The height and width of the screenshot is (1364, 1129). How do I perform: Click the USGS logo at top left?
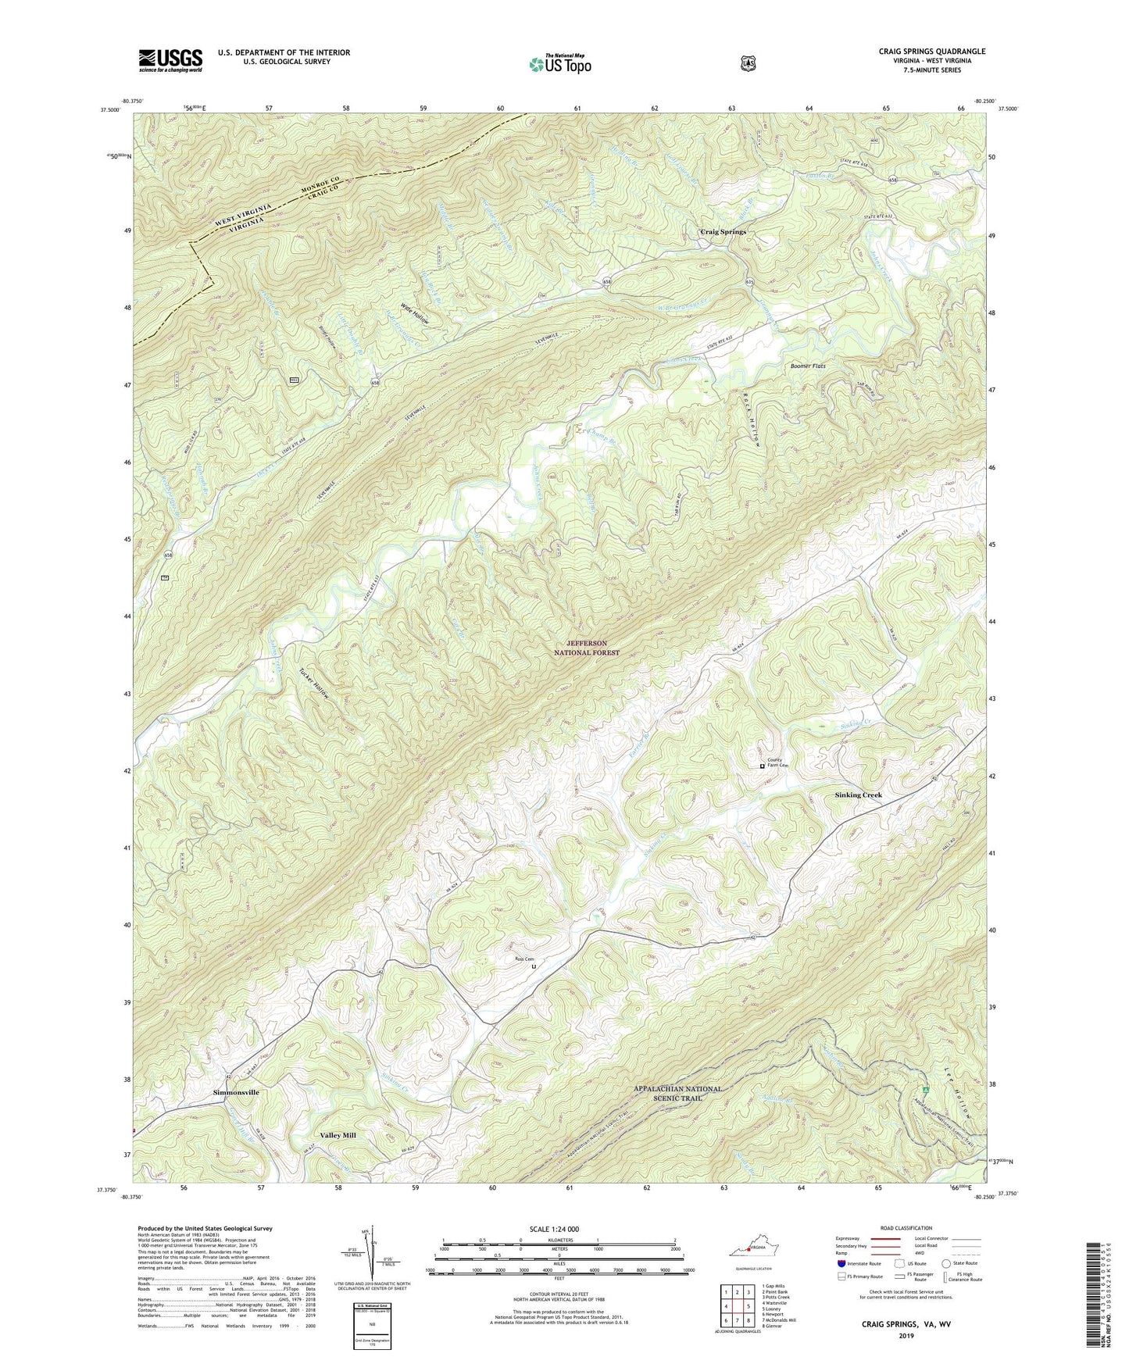click(x=170, y=60)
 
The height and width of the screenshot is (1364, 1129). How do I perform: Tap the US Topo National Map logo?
click(x=559, y=63)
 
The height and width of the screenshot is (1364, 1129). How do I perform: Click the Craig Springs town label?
click(x=723, y=232)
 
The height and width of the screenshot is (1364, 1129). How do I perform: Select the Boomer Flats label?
click(x=808, y=366)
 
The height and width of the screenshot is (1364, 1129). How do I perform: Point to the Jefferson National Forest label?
click(x=587, y=648)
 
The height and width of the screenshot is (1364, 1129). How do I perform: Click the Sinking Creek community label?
click(x=858, y=794)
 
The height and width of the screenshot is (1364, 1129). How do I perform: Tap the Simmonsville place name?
click(x=236, y=1092)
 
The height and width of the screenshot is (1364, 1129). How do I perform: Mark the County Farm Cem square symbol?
click(x=763, y=766)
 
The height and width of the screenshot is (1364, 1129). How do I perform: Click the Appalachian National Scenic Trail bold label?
click(x=677, y=1093)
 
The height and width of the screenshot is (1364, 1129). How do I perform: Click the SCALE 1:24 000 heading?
click(x=554, y=1230)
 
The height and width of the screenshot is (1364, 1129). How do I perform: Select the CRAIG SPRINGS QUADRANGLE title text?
click(x=931, y=52)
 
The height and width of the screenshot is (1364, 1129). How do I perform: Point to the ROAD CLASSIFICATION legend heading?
click(x=906, y=1228)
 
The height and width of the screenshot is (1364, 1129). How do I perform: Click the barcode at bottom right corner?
click(x=1096, y=1293)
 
